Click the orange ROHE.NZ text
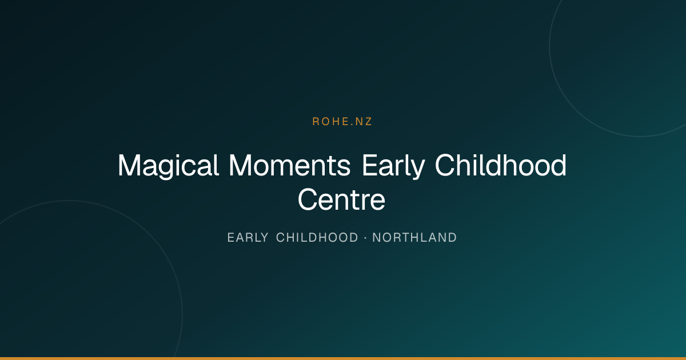click(x=342, y=122)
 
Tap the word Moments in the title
click(x=290, y=166)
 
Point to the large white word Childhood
click(x=501, y=165)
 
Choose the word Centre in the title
click(x=341, y=200)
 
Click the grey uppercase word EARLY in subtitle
click(x=248, y=238)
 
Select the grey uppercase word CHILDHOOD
click(x=317, y=238)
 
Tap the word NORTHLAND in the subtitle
click(x=414, y=238)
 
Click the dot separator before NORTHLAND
click(x=365, y=238)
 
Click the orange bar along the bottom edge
click(x=343, y=358)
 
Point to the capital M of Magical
click(x=130, y=165)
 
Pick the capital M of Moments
click(x=241, y=165)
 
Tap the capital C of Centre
click(x=308, y=199)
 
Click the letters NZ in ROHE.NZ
click(x=364, y=122)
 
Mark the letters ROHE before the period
click(x=331, y=122)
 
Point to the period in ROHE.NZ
click(x=352, y=125)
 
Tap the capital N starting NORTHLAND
click(x=376, y=238)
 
